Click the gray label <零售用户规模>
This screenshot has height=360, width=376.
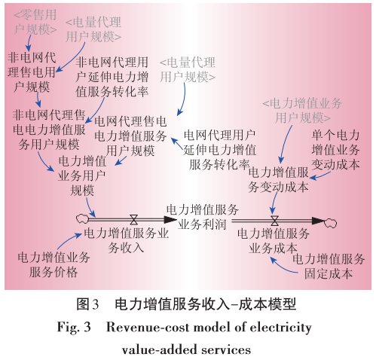click(x=36, y=22)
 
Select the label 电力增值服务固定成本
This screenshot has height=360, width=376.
click(x=328, y=266)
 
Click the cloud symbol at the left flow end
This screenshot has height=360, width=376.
click(x=81, y=221)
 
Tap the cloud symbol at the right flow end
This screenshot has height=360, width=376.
click(x=329, y=222)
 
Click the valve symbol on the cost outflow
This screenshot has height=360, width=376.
click(x=274, y=221)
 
